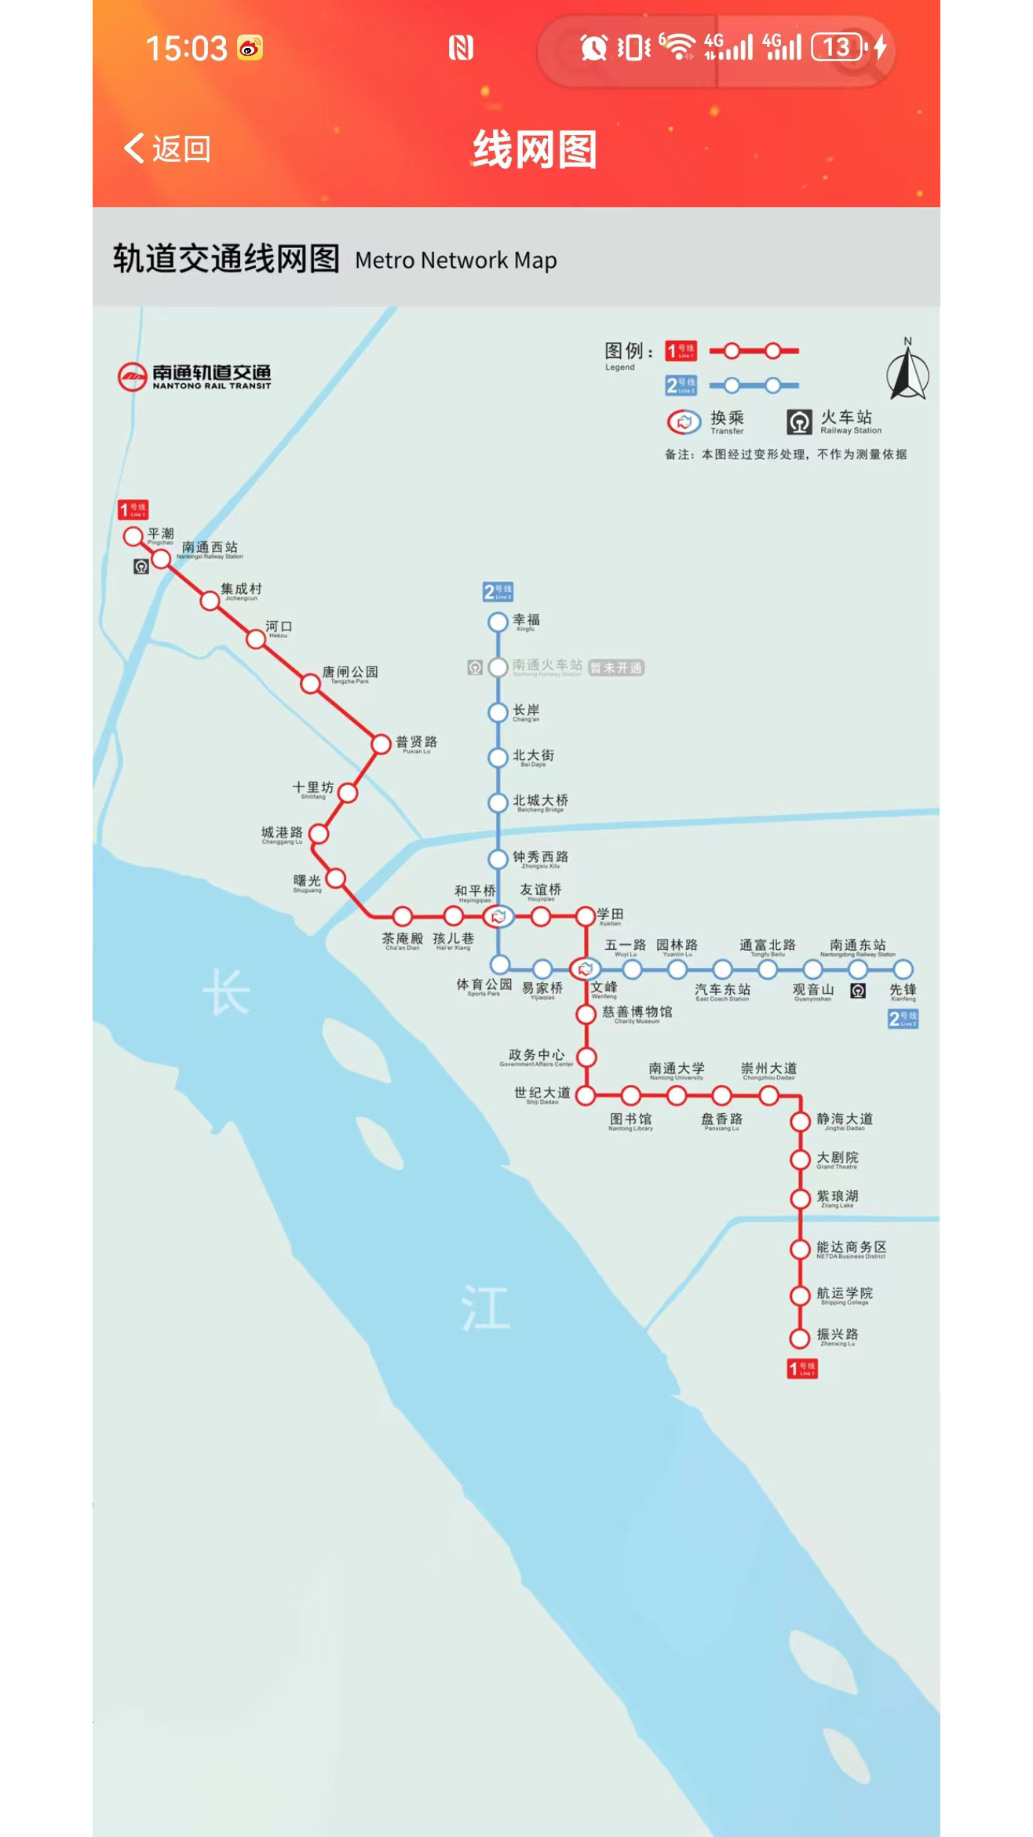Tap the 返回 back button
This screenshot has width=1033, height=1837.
(x=166, y=148)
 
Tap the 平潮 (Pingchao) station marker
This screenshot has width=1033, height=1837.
(x=133, y=536)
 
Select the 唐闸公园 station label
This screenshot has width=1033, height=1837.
(x=350, y=673)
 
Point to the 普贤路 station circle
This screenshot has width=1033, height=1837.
(x=381, y=743)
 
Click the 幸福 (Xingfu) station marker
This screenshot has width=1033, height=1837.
(x=498, y=622)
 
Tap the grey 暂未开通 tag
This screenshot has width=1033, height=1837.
(x=616, y=668)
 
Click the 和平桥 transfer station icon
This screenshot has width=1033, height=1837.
(x=498, y=916)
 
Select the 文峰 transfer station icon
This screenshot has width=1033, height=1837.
(x=585, y=970)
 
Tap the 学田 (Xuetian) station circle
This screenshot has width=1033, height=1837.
(x=586, y=916)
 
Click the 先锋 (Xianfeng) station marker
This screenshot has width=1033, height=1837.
(x=903, y=970)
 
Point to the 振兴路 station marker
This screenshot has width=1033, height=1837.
(x=800, y=1338)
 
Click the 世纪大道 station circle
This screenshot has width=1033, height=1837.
(x=586, y=1095)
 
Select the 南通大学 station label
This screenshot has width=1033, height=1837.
(x=677, y=1069)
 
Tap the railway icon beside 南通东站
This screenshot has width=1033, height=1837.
(x=858, y=991)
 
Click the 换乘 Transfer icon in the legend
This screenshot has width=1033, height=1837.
(x=684, y=422)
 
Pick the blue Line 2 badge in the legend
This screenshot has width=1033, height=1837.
(x=681, y=385)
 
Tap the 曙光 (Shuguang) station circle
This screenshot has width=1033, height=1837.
(x=335, y=878)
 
